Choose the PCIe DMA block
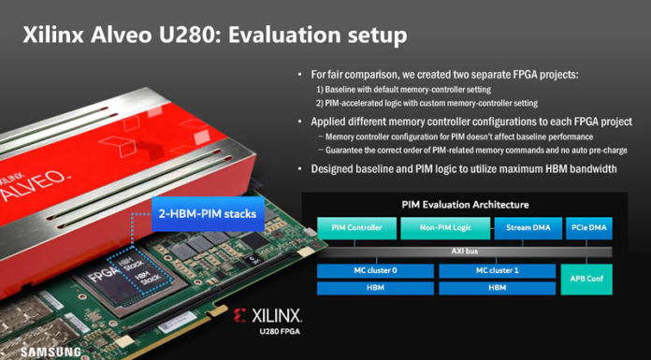(x=588, y=227)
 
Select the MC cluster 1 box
(x=499, y=271)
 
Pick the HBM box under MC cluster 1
(x=499, y=288)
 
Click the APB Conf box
(x=588, y=279)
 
